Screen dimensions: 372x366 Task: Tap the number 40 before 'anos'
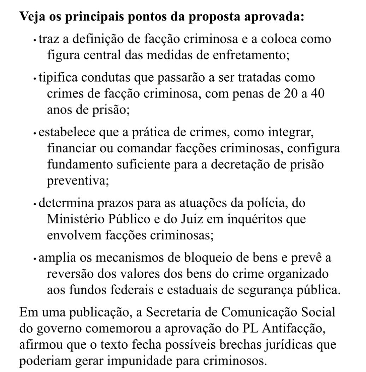(317, 94)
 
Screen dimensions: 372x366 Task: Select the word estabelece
(65, 133)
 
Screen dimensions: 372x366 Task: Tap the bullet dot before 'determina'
(35, 205)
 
